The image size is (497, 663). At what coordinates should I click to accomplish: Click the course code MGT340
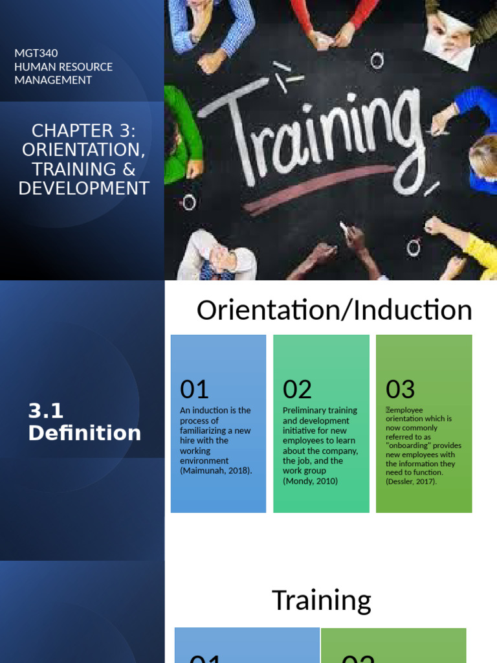pyautogui.click(x=36, y=53)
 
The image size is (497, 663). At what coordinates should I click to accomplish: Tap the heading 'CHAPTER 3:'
pyautogui.click(x=83, y=131)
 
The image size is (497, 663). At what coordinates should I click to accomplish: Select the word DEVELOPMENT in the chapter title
pyautogui.click(x=83, y=188)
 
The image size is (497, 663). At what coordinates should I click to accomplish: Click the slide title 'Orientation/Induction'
pyautogui.click(x=334, y=311)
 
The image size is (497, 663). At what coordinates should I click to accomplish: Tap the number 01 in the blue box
pyautogui.click(x=194, y=389)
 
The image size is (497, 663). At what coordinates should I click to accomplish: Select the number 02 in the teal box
pyautogui.click(x=297, y=389)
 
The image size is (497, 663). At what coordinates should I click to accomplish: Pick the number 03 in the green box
pyautogui.click(x=400, y=389)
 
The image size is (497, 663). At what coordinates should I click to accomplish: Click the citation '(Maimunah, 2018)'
pyautogui.click(x=215, y=471)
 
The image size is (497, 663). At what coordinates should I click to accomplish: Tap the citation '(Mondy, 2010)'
pyautogui.click(x=310, y=481)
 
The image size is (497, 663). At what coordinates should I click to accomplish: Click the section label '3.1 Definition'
pyautogui.click(x=84, y=421)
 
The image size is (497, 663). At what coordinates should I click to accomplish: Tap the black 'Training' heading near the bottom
pyautogui.click(x=321, y=600)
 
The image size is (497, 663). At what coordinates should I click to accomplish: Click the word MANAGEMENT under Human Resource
pyautogui.click(x=53, y=80)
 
